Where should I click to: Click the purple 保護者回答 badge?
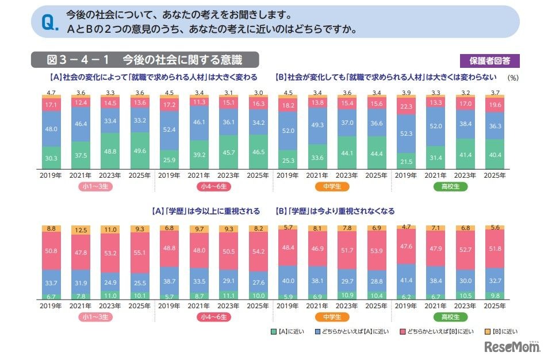click(x=489, y=60)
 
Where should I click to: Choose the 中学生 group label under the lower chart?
click(x=332, y=317)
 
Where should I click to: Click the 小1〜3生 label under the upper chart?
click(x=90, y=186)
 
